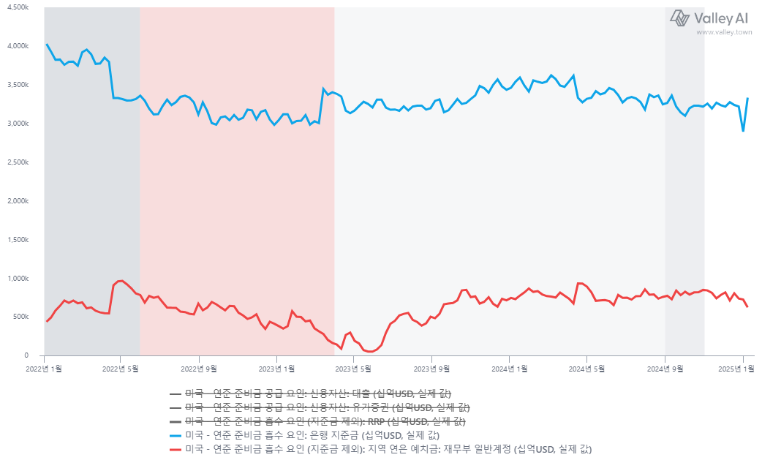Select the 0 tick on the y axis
(26, 356)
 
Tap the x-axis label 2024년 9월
(665, 369)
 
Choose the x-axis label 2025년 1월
(743, 369)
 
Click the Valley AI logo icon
(680, 18)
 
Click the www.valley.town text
(723, 32)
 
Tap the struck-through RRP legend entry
(325, 421)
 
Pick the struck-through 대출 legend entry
(318, 393)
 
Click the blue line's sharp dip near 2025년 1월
(743, 131)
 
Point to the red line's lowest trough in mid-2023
(371, 351)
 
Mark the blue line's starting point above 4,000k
(47, 45)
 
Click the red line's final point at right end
(747, 306)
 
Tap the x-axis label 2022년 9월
(199, 369)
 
